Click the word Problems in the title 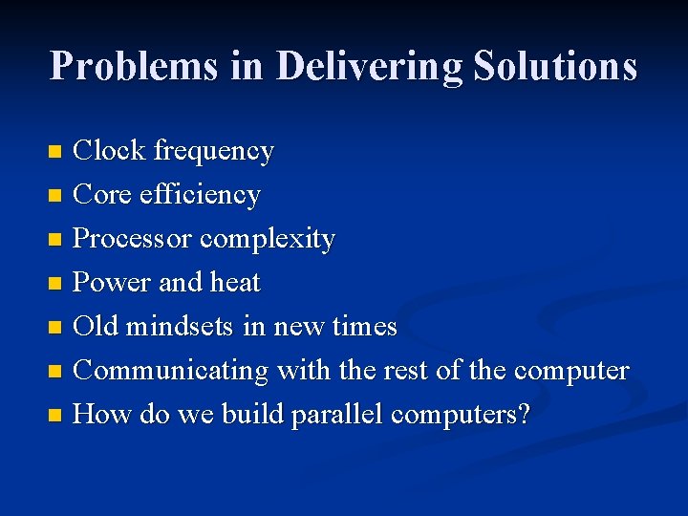click(132, 66)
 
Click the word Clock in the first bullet click(109, 150)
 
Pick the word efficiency click(200, 195)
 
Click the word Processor click(133, 239)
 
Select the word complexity click(268, 239)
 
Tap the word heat click(235, 283)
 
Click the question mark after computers click(523, 415)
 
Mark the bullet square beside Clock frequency click(56, 151)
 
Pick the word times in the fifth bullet click(364, 327)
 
